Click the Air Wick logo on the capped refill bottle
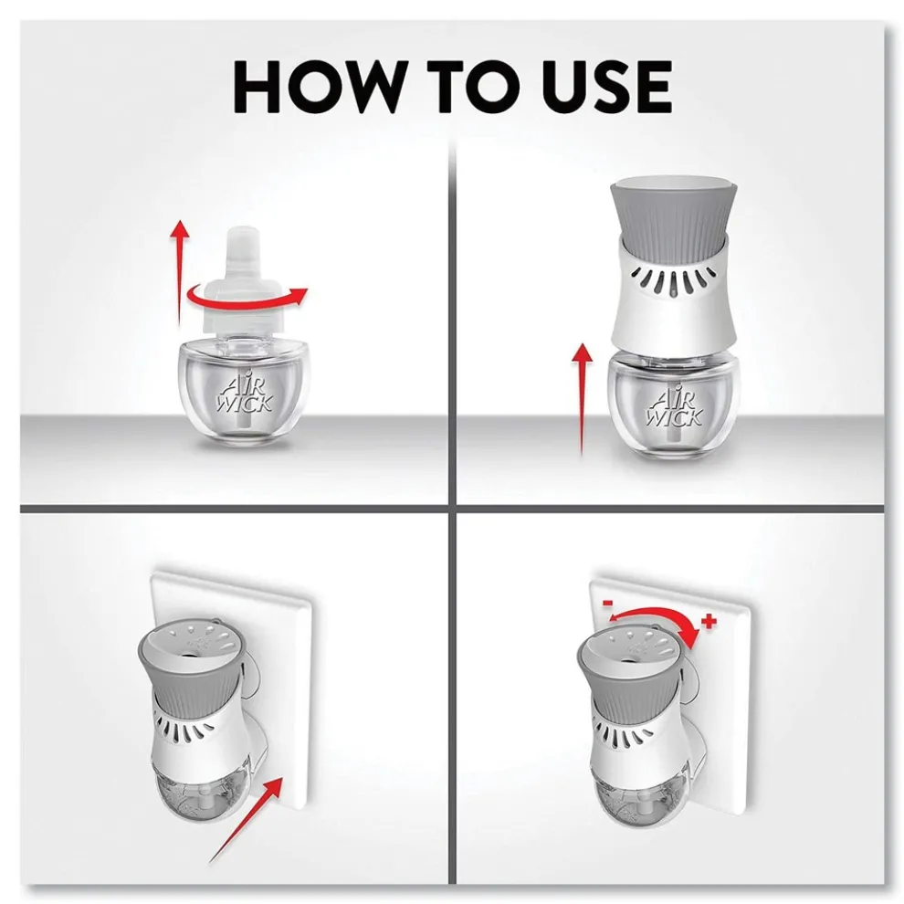click(245, 394)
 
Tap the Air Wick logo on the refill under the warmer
click(675, 405)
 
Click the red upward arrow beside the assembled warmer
click(583, 399)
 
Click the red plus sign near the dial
click(709, 621)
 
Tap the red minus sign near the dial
click(607, 603)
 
